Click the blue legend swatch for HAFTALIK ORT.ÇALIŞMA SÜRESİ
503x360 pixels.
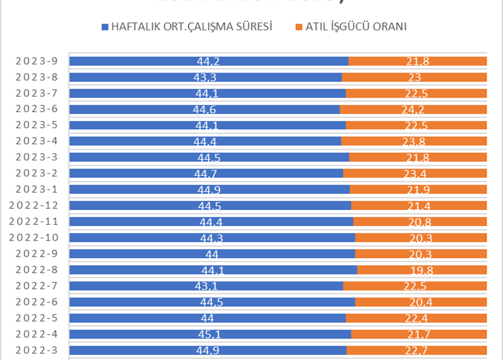[x=105, y=26]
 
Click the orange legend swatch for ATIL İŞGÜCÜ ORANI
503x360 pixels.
[x=299, y=26]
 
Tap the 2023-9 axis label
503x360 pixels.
[x=37, y=61]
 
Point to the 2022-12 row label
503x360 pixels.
[x=34, y=206]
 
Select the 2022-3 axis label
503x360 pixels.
[x=37, y=350]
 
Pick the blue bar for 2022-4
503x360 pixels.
[x=134, y=334]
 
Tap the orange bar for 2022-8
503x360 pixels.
[x=456, y=270]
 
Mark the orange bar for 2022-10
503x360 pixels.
[x=456, y=238]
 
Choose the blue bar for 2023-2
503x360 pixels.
[x=134, y=174]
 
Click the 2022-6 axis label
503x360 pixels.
[x=37, y=302]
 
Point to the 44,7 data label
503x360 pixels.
[x=208, y=174]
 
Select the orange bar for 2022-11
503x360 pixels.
[x=456, y=222]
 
